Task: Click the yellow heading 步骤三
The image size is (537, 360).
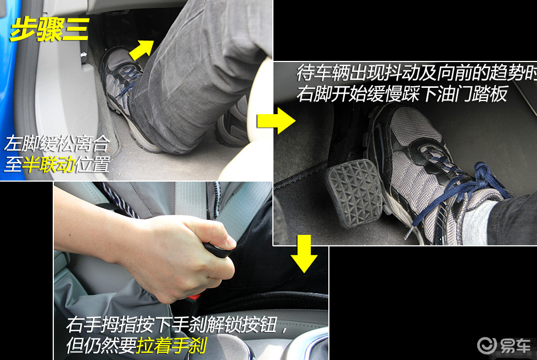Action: point(50,30)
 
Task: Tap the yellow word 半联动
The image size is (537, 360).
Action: point(49,165)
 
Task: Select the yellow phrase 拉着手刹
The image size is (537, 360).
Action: point(171,345)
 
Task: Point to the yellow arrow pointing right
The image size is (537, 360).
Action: point(276,120)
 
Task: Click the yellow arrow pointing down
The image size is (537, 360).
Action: point(304,254)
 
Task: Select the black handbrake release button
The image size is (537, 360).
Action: point(217,250)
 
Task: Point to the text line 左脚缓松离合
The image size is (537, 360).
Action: point(57,144)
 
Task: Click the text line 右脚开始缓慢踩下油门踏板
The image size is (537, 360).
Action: point(402,94)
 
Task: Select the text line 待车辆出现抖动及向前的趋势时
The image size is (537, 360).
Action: point(416,72)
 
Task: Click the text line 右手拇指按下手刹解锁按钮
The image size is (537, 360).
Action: point(172,324)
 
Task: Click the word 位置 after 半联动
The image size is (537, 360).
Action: point(93,165)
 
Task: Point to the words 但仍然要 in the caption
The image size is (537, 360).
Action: point(102,345)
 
